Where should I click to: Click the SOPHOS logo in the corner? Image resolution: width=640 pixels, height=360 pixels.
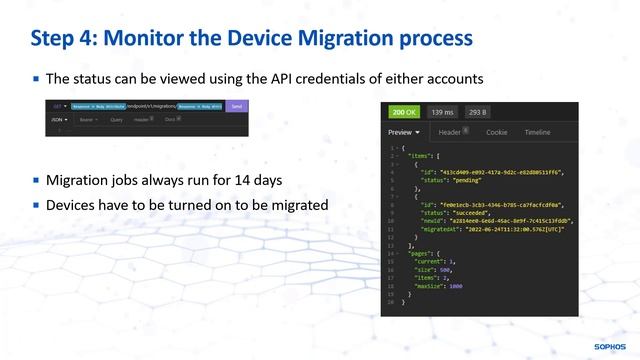(609, 346)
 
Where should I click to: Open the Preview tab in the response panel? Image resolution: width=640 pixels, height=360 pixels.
(404, 132)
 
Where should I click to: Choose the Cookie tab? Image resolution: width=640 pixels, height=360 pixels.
(496, 132)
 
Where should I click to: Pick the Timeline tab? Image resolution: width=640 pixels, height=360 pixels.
(537, 132)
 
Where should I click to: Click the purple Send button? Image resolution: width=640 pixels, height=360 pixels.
(236, 105)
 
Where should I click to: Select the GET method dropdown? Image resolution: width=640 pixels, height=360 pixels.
(59, 105)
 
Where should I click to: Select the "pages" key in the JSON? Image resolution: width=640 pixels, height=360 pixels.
(419, 254)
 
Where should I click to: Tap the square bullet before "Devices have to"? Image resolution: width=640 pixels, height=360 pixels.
(36, 205)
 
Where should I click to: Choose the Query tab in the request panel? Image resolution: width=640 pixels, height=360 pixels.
(116, 118)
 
